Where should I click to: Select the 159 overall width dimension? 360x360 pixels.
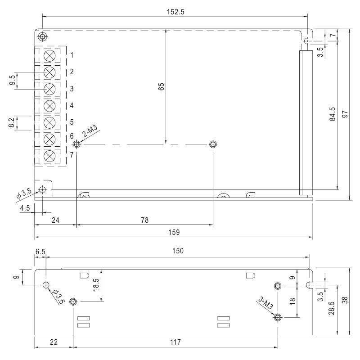174,232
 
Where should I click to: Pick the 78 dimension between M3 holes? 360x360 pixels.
144,220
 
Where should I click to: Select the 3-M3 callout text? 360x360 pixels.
266,302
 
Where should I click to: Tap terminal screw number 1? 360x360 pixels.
50,55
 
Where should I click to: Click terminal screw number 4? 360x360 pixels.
50,106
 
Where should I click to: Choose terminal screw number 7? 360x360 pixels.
50,156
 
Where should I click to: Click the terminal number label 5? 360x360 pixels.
72,122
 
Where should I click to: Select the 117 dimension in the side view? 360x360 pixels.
175,342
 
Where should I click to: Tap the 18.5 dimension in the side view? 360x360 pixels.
96,285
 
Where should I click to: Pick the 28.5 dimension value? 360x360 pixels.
333,310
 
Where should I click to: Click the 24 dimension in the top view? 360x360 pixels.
55,220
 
